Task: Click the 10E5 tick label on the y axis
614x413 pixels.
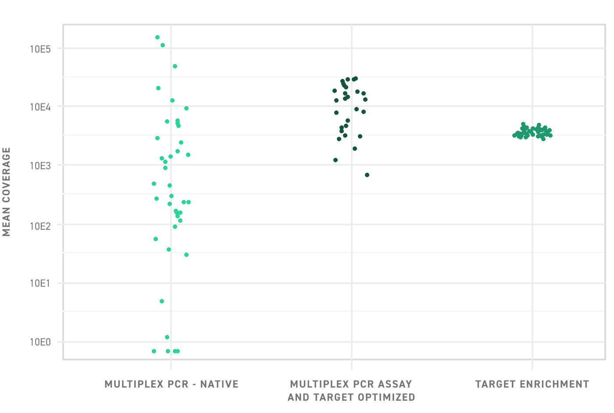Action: pos(40,49)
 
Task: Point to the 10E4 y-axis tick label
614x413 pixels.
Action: pos(40,107)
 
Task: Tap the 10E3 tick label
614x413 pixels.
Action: pos(40,166)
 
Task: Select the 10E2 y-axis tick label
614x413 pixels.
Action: pos(40,225)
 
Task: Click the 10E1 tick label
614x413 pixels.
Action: pos(40,284)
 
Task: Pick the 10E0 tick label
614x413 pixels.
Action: pos(40,342)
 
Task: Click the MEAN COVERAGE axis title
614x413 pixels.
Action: pos(7,192)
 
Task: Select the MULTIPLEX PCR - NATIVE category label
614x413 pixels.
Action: pos(171,385)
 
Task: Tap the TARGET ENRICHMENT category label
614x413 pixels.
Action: pos(532,385)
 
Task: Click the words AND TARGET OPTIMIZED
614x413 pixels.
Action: pos(351,398)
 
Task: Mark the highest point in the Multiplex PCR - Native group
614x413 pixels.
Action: pos(157,37)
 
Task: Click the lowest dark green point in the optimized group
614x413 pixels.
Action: pos(367,175)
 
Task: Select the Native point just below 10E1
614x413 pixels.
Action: pos(162,301)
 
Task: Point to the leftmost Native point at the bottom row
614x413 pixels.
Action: pos(154,351)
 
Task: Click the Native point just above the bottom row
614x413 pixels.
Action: pos(167,337)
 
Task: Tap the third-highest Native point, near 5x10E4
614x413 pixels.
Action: pos(175,66)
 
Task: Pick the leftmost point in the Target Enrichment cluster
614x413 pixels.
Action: pos(514,135)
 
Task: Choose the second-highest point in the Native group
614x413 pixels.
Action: pos(163,45)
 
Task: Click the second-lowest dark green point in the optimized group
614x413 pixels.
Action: pos(336,160)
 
